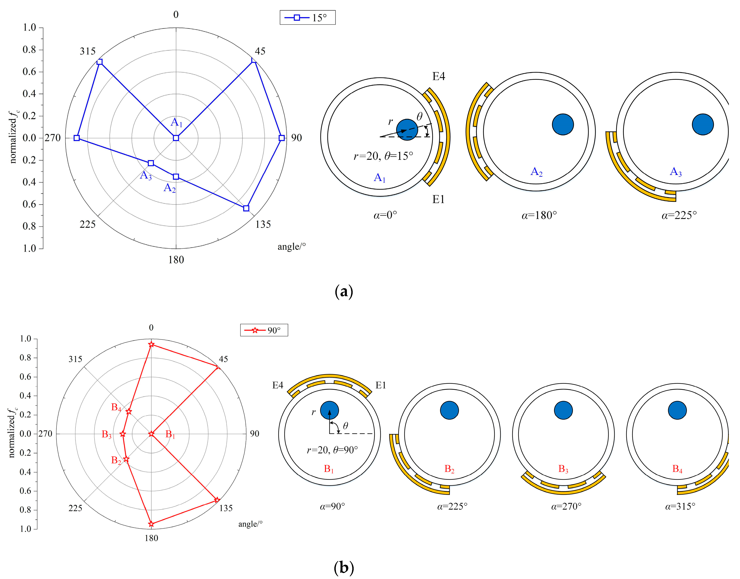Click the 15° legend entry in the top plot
307,18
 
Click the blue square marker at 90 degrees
281,138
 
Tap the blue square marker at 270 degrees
77,138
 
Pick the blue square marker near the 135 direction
246,208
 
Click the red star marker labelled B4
129,412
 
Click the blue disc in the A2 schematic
563,124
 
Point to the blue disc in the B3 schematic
563,410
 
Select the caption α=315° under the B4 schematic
680,507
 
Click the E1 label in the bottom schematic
381,385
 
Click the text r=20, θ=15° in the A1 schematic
383,156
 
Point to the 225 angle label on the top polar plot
87,224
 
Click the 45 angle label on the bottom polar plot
223,359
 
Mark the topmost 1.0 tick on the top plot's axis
29,27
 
